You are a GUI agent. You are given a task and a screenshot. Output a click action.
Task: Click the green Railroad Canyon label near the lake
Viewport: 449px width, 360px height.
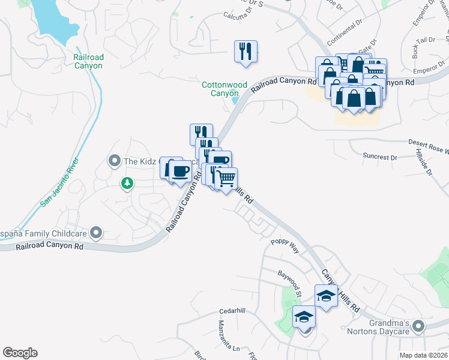88,61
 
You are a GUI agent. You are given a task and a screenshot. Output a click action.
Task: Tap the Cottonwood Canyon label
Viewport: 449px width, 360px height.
224,89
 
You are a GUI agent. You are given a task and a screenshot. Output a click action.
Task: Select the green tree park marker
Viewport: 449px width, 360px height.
127,182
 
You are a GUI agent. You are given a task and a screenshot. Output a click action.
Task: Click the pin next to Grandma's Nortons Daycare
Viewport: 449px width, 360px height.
418,326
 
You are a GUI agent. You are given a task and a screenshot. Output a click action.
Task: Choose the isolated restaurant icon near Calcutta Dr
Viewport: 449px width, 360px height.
246,50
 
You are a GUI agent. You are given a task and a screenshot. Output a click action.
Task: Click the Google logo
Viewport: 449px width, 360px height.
20,353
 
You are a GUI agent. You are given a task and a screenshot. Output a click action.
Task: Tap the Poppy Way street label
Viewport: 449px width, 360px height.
285,245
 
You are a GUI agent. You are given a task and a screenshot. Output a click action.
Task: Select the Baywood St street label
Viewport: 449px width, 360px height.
289,284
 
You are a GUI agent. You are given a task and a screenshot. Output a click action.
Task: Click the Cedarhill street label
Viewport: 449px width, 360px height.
233,311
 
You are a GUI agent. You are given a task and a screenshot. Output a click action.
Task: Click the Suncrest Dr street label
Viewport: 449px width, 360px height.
380,157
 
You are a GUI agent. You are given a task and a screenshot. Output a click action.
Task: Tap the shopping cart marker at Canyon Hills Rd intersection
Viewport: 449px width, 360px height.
226,178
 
